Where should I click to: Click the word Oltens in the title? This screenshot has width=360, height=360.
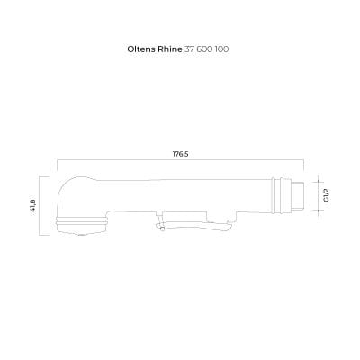point(140,49)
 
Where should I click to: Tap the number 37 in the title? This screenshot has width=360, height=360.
point(189,49)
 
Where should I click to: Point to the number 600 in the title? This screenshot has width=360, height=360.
point(204,49)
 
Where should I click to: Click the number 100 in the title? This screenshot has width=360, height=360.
point(222,49)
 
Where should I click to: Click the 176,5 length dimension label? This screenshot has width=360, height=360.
point(180,154)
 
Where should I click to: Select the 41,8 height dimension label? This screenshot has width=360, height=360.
point(32,206)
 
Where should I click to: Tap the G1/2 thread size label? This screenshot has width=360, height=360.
point(326,195)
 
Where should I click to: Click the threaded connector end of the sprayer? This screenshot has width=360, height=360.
point(298,195)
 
